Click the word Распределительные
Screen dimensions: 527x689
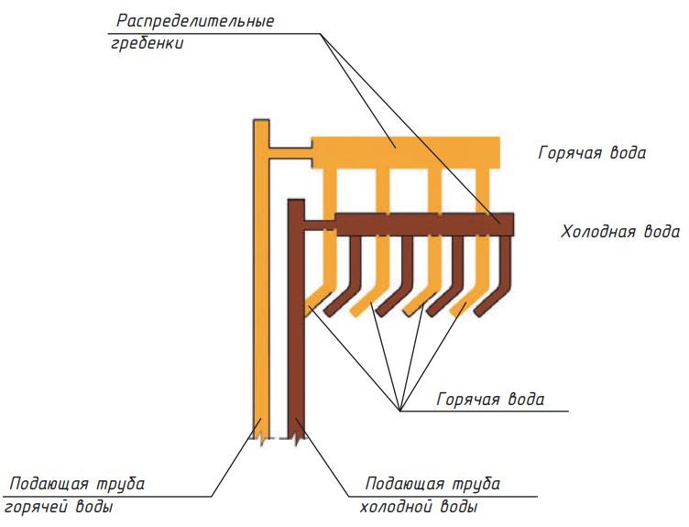tap(195, 20)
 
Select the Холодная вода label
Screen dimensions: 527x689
tap(620, 231)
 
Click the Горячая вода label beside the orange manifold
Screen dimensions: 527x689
tap(592, 153)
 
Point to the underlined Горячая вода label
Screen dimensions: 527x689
tap(491, 400)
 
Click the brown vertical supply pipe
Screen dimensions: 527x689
tap(295, 330)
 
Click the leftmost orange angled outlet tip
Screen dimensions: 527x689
tap(315, 301)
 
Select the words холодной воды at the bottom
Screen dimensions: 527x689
tap(416, 507)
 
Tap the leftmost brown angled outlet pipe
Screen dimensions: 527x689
tap(345, 284)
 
